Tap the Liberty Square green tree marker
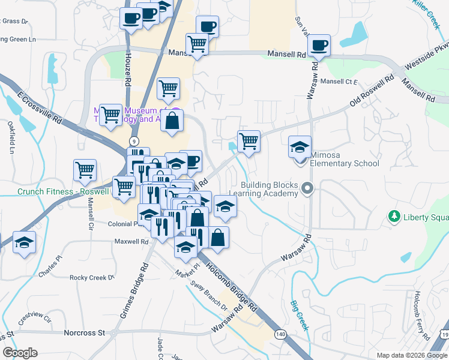(x=394, y=216)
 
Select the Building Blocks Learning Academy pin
(x=308, y=189)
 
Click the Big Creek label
(x=299, y=316)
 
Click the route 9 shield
(x=133, y=140)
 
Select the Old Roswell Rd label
(x=372, y=92)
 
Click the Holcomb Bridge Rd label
(x=234, y=285)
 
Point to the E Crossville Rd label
(x=41, y=108)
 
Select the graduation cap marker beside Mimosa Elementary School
(x=300, y=146)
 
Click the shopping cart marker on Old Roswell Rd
(x=249, y=142)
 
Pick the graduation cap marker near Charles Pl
(x=24, y=243)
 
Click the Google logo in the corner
(x=20, y=353)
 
